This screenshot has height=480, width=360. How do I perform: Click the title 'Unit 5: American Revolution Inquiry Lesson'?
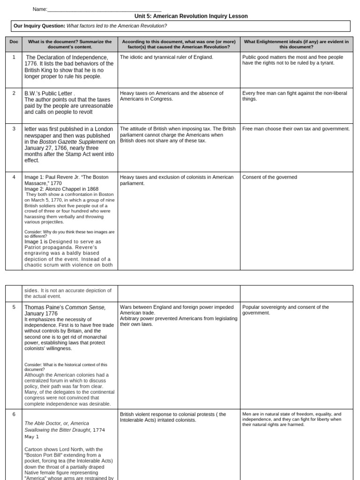(x=191, y=16)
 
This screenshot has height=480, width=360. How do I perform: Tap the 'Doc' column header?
(x=14, y=42)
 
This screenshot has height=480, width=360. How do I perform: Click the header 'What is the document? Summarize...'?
(x=70, y=45)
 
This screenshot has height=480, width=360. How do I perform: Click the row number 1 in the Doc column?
(x=14, y=57)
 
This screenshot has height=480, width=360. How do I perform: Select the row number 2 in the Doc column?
(x=14, y=93)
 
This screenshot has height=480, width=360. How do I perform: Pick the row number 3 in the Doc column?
(x=14, y=128)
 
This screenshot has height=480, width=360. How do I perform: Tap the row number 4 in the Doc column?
(x=14, y=177)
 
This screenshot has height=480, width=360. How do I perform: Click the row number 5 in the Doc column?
(x=14, y=307)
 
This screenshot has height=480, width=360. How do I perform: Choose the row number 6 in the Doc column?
(x=14, y=414)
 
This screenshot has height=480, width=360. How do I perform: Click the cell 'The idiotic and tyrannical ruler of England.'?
(x=166, y=57)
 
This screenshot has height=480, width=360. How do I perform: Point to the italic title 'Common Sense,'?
(x=85, y=307)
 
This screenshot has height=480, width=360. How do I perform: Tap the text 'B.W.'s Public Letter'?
(x=49, y=93)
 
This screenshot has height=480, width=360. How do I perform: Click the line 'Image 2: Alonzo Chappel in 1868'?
(x=61, y=189)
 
